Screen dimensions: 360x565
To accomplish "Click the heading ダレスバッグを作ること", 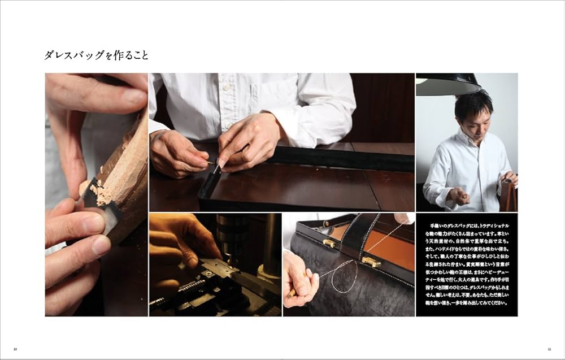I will [97, 55].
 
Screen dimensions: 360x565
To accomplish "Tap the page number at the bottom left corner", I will [15, 349].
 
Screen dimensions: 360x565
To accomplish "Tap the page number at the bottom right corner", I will [549, 349].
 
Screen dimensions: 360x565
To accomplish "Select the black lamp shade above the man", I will [448, 84].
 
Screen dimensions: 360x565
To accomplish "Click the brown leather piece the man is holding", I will [508, 195].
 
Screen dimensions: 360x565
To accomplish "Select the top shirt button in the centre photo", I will [227, 88].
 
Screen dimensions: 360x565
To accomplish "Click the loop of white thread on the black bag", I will [344, 277].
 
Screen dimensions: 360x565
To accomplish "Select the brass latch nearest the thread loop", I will [371, 262].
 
